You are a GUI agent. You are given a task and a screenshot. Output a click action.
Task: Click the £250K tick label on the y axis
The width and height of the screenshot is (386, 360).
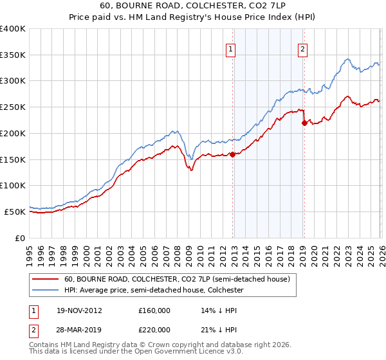(x=13, y=107)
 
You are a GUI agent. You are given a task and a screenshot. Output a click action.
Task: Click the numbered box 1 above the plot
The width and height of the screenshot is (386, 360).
(x=230, y=47)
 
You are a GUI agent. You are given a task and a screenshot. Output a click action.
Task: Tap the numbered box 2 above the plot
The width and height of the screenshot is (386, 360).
(x=302, y=47)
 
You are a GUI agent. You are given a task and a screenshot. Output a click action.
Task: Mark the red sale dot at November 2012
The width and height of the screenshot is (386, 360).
(x=232, y=154)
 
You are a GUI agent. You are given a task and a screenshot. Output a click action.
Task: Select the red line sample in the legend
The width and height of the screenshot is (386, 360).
(x=46, y=280)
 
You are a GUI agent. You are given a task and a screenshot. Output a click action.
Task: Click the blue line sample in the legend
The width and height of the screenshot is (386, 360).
(x=46, y=291)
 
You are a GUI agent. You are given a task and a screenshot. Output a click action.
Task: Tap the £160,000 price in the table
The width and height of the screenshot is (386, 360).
(x=154, y=310)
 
